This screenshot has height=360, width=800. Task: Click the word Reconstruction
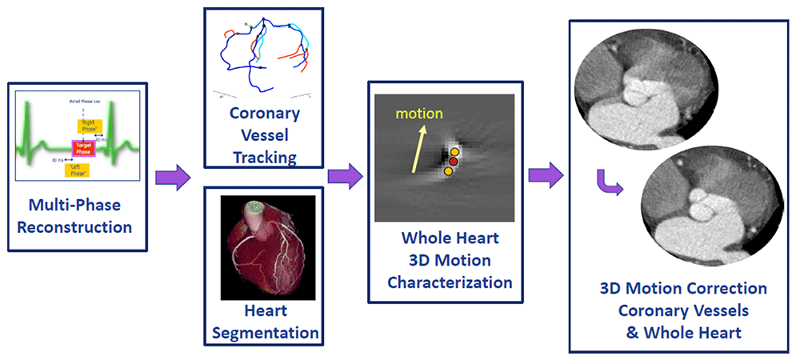click(x=74, y=226)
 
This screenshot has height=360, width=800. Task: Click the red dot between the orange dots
click(x=453, y=162)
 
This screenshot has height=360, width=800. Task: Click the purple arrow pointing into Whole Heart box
click(x=345, y=175)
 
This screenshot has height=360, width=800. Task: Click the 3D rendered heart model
click(x=264, y=240)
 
